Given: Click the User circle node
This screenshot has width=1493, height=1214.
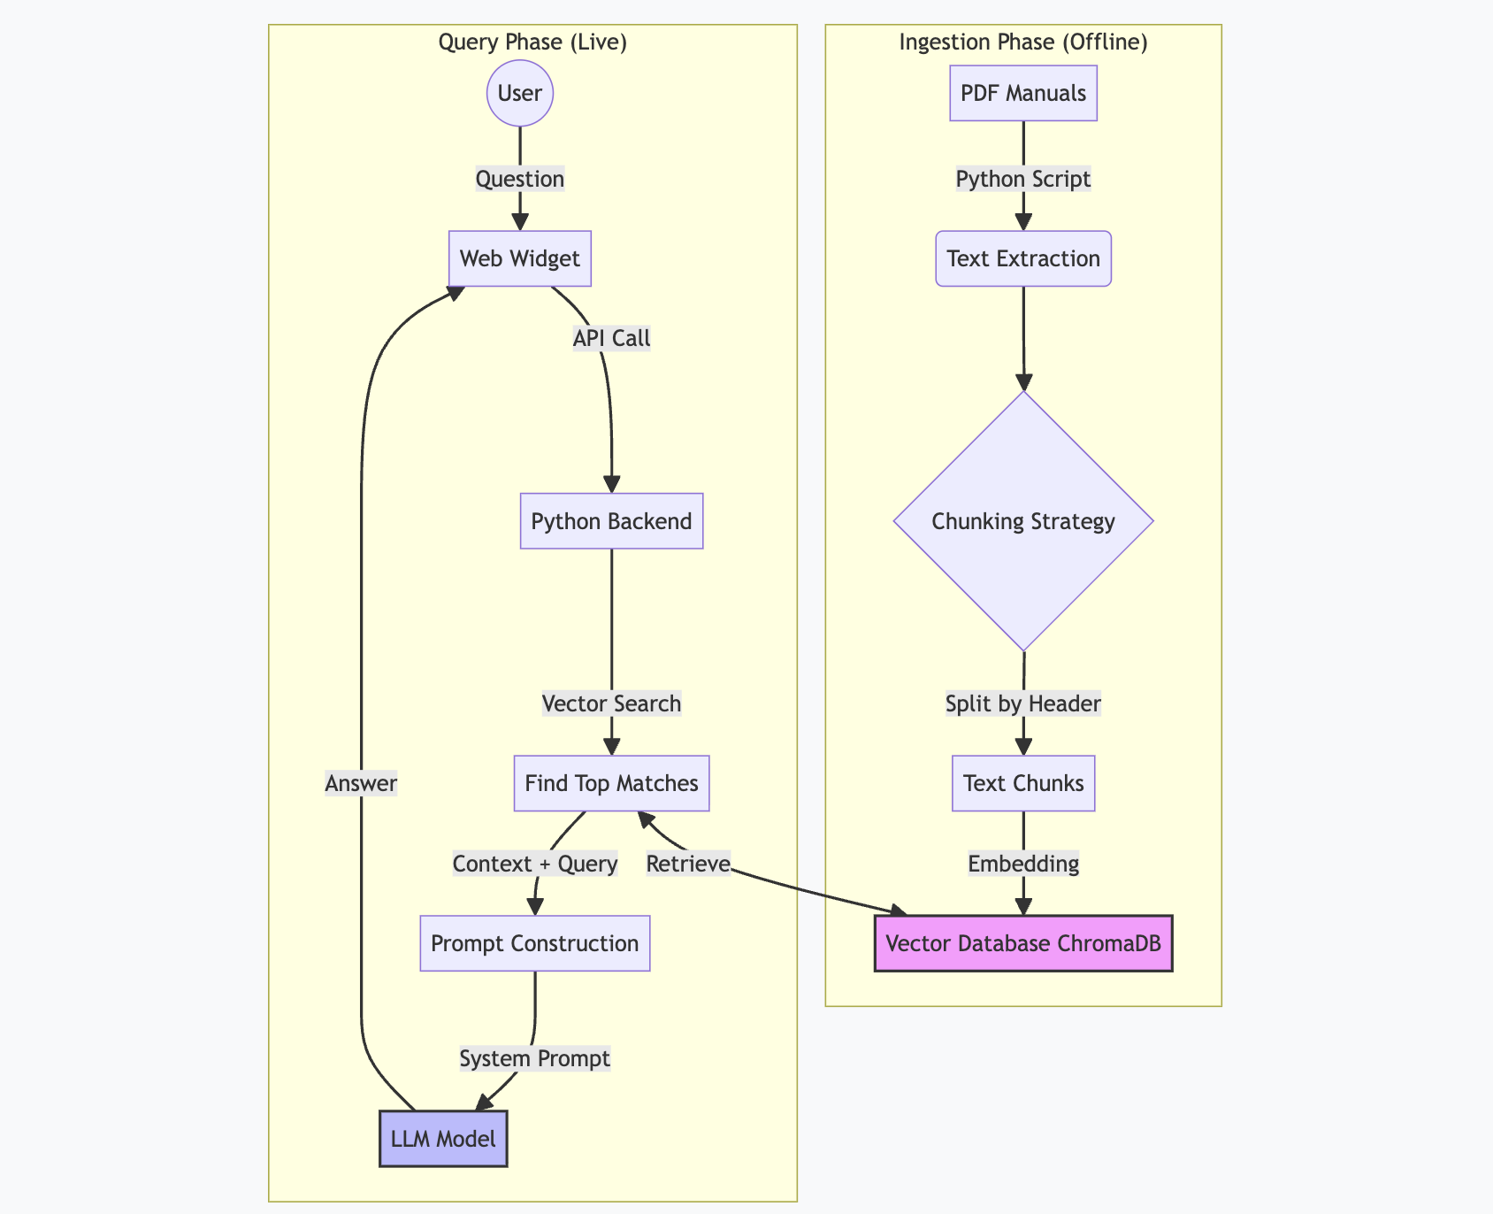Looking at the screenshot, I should click(x=520, y=93).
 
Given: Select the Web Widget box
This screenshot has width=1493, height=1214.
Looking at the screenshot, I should click(x=520, y=258).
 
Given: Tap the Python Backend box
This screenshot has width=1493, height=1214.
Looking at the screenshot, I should click(x=611, y=521).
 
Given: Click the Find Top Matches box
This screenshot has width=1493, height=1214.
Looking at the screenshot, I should click(x=611, y=783).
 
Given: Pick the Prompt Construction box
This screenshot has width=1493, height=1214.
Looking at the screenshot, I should click(x=534, y=943).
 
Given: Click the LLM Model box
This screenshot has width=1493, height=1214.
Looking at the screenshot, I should click(x=443, y=1138).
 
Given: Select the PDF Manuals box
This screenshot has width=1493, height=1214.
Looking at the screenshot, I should click(x=1023, y=93).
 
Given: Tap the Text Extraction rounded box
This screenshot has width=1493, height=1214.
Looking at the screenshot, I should click(x=1023, y=258).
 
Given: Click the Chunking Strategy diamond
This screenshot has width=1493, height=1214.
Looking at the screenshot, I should click(x=1023, y=521).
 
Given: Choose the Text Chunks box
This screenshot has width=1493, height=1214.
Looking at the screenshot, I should click(x=1023, y=783).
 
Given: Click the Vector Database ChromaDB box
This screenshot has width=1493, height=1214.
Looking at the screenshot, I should click(x=1023, y=943).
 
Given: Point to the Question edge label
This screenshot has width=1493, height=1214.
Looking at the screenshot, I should click(x=520, y=179).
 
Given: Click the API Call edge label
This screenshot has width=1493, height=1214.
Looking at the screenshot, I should click(x=611, y=338).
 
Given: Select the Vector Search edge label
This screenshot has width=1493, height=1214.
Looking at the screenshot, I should click(x=611, y=703).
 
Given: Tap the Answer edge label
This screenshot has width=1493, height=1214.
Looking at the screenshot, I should click(x=361, y=783).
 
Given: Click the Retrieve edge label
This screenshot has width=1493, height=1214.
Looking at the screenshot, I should click(x=688, y=864).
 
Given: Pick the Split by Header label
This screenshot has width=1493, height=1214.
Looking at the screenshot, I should click(x=1023, y=703).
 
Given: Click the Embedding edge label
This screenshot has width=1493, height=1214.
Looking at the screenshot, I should click(x=1023, y=864).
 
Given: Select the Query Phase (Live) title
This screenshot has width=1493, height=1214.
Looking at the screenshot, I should click(x=532, y=42).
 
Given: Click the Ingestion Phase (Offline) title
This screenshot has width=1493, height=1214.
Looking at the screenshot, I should click(x=1023, y=42).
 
